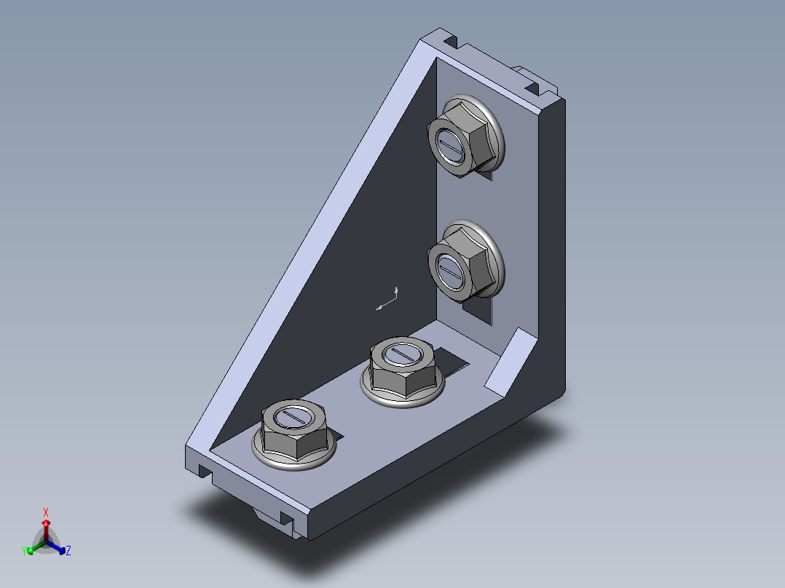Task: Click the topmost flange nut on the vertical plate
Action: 465,135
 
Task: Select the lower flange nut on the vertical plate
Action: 465,261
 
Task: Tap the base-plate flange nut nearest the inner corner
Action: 403,371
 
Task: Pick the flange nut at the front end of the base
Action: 294,434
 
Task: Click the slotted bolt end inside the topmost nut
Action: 450,145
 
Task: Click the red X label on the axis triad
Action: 46,512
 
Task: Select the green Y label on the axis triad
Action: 24,551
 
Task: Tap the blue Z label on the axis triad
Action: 68,551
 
